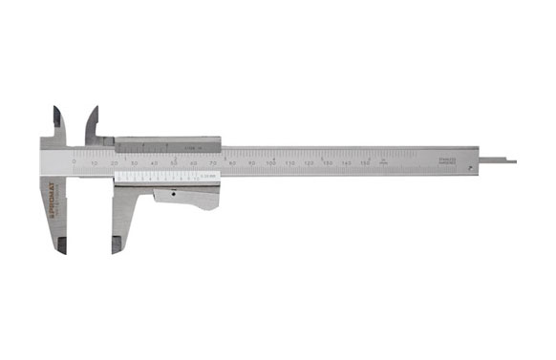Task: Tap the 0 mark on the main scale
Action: click(x=75, y=163)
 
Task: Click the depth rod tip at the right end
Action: click(x=512, y=160)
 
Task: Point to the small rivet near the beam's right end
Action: click(x=471, y=168)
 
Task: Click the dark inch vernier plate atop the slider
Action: click(x=167, y=144)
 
